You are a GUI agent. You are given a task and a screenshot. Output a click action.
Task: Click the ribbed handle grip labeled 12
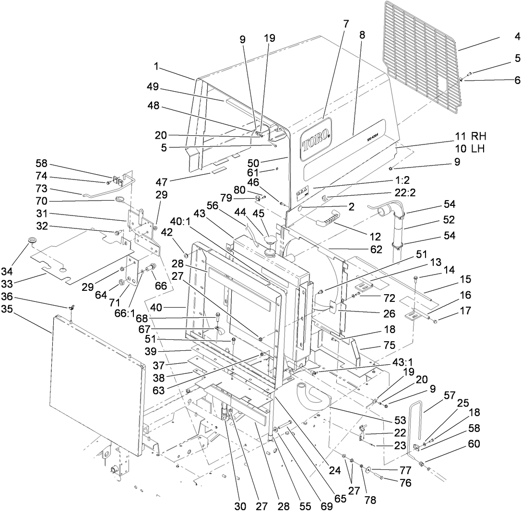click(331, 223)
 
